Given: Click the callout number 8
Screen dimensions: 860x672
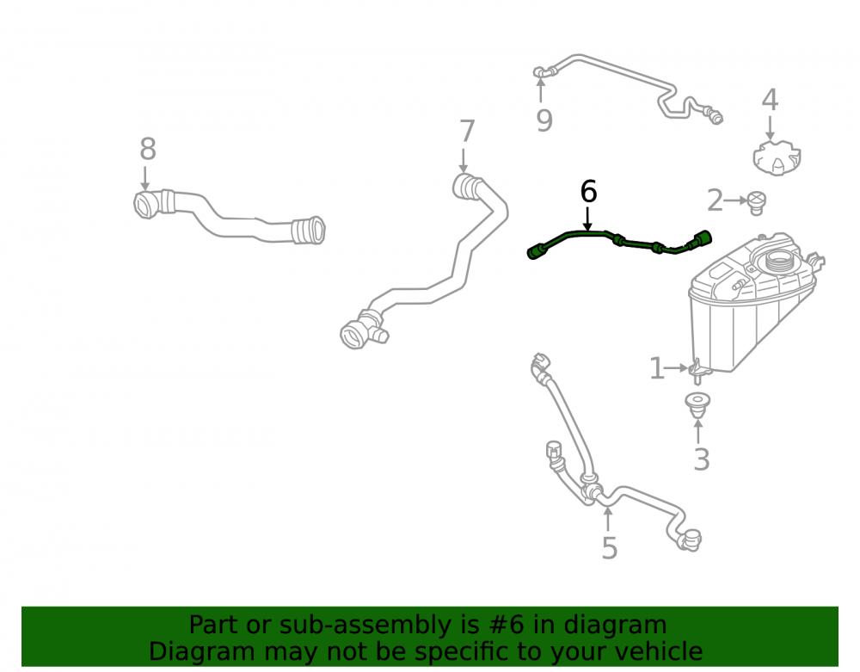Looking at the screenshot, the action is click(x=148, y=149).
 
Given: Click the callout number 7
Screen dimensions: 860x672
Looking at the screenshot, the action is click(x=467, y=132).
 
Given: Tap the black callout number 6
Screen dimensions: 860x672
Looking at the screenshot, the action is click(x=588, y=192).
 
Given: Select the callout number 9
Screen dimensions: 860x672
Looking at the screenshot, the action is click(x=544, y=120).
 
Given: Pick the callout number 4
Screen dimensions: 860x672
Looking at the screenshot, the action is click(x=770, y=100).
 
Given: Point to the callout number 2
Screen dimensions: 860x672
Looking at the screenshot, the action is click(x=715, y=200).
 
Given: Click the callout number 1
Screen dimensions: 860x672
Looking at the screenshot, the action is click(x=656, y=368).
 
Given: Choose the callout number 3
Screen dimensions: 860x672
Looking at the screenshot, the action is click(x=702, y=459).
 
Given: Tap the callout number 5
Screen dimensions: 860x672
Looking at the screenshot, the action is click(x=610, y=548).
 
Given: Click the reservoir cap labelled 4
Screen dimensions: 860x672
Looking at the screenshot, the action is click(x=777, y=158).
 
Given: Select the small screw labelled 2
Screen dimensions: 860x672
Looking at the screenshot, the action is click(x=757, y=204).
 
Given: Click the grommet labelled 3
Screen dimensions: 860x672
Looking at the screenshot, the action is click(x=697, y=405).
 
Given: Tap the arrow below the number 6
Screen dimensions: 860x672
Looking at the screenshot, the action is click(x=588, y=219).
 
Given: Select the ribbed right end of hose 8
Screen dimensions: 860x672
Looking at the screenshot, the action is click(x=309, y=231).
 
